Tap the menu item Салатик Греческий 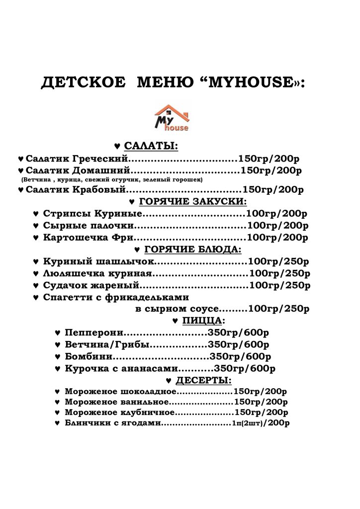pyautogui.click(x=77, y=159)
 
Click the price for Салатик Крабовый pyautogui.click(x=272, y=189)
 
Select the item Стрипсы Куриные pyautogui.click(x=93, y=214)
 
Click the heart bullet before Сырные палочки pyautogui.click(x=36, y=226)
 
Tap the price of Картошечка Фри pyautogui.click(x=277, y=237)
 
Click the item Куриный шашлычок pyautogui.click(x=99, y=261)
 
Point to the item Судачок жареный pyautogui.click(x=92, y=285)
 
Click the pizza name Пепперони pyautogui.click(x=94, y=332)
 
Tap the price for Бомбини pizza pyautogui.click(x=241, y=356)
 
